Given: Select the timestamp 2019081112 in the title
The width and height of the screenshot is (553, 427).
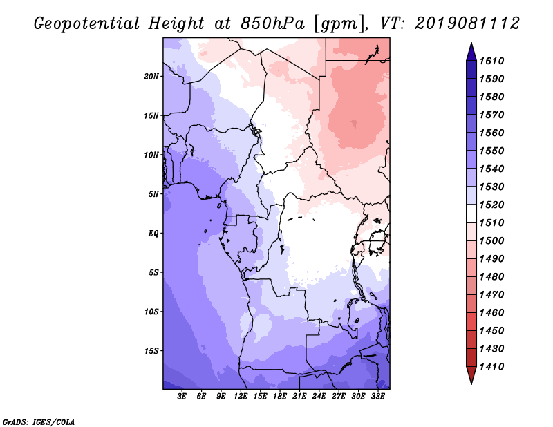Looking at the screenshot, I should tap(467, 23).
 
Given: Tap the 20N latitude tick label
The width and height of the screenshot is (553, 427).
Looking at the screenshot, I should tap(151, 76).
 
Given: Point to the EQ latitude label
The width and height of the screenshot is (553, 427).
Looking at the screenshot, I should tap(153, 233).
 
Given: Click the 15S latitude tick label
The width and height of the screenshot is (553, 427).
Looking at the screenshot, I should tap(151, 350).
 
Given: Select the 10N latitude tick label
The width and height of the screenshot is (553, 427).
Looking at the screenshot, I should tap(151, 155).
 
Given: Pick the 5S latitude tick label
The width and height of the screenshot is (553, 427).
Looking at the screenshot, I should tap(153, 272).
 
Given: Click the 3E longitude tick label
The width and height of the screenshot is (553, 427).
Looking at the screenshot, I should tap(182, 397).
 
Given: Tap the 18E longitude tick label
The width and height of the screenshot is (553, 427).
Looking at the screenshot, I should tap(279, 397).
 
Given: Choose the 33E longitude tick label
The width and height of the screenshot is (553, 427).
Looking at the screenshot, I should tap(377, 397).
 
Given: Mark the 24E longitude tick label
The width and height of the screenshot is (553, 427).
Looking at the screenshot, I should tap(319, 397).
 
